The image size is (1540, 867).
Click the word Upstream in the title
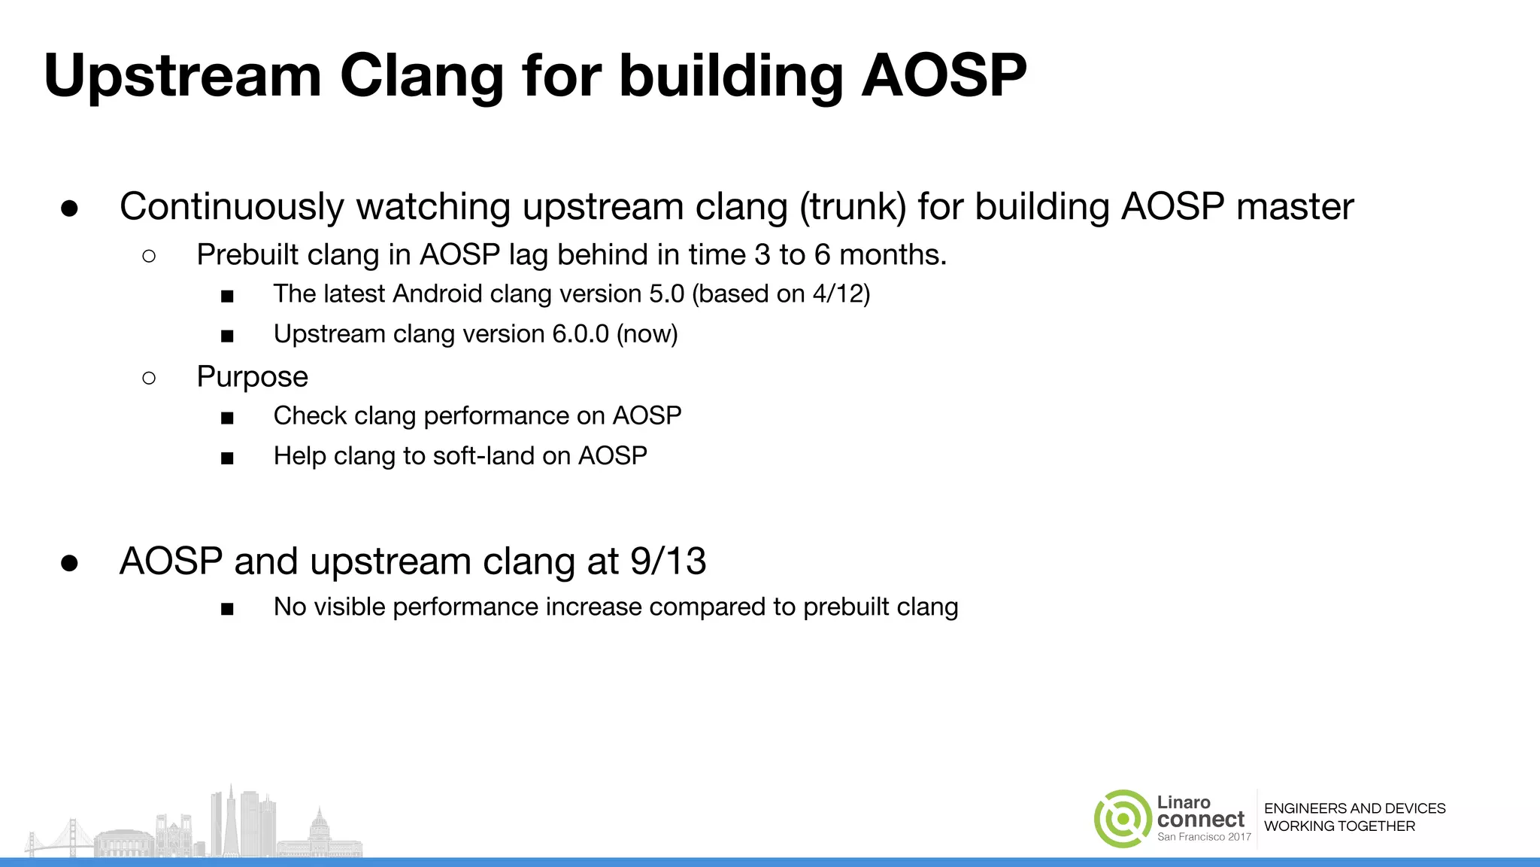[183, 77]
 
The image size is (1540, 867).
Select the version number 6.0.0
[580, 333]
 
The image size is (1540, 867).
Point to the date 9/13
[668, 561]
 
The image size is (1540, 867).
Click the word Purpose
[252, 377]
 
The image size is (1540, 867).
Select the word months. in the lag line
[893, 255]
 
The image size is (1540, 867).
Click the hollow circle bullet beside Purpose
[149, 378]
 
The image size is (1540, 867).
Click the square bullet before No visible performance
[227, 609]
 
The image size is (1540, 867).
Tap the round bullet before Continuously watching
[70, 208]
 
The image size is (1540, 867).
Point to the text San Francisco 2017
[1204, 837]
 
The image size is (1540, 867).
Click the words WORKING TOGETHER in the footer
[1339, 826]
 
